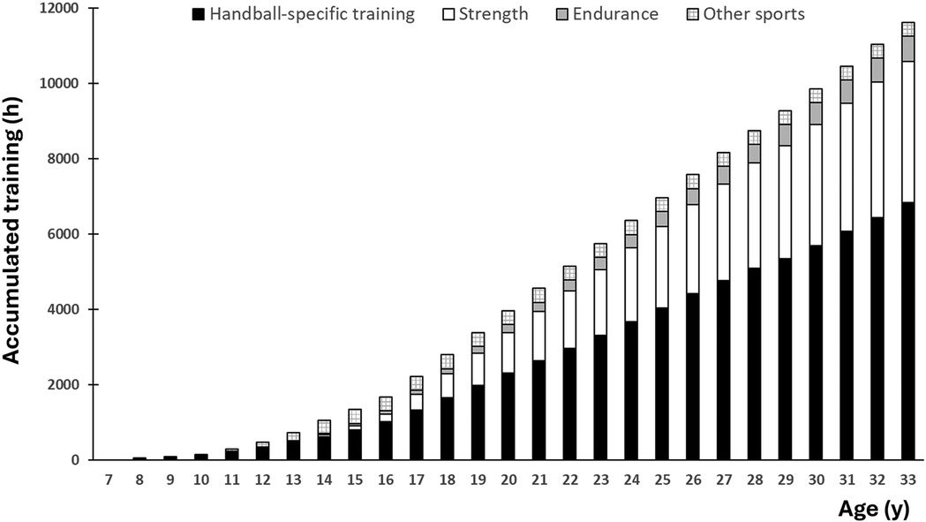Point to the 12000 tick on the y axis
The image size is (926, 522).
pyautogui.click(x=57, y=9)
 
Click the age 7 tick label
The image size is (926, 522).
pyautogui.click(x=107, y=482)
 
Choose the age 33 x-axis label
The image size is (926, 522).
pyautogui.click(x=907, y=482)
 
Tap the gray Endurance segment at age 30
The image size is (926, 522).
pyautogui.click(x=815, y=113)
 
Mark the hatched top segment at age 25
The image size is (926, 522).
pyautogui.click(x=661, y=204)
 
